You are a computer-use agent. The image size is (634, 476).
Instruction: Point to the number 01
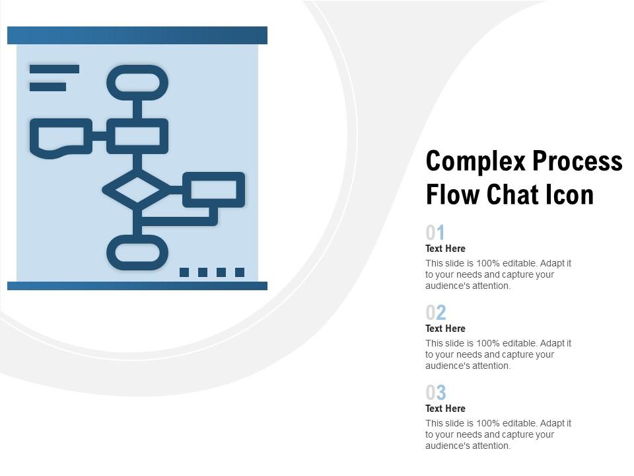pos(435,233)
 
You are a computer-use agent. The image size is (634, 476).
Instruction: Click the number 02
pos(436,313)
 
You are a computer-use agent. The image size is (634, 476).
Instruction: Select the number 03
pos(436,393)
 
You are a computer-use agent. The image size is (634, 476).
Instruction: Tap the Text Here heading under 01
pos(445,249)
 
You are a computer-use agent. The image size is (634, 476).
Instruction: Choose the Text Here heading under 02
pos(445,329)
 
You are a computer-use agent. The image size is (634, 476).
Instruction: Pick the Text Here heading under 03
pos(445,409)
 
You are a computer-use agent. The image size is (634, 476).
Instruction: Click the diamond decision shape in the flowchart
pos(137,190)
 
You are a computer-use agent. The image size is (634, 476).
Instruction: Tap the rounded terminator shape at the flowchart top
pos(137,83)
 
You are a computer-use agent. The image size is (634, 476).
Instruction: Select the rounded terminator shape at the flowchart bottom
pos(137,252)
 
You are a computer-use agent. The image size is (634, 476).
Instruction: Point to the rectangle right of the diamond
pos(213,190)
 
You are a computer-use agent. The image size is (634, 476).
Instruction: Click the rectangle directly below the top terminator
pos(137,136)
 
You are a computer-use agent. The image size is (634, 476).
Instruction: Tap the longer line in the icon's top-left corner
pos(54,69)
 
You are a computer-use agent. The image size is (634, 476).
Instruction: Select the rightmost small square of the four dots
pos(240,272)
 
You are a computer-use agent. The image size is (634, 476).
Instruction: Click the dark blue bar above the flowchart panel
pos(137,35)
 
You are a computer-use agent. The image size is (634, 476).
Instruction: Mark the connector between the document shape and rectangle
pos(100,136)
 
